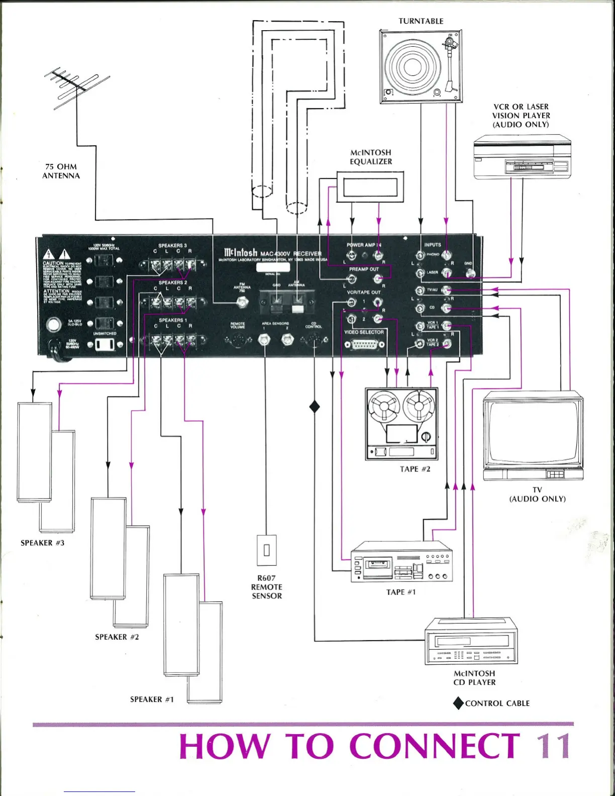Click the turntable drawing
(x=420, y=65)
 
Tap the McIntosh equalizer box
(x=370, y=187)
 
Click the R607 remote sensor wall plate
(x=266, y=550)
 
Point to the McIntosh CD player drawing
(x=471, y=641)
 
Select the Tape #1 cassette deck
(x=401, y=562)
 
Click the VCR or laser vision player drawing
(x=522, y=157)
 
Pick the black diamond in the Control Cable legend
(x=458, y=703)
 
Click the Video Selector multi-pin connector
(x=365, y=345)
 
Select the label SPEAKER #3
(x=43, y=543)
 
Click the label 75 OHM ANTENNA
(x=61, y=171)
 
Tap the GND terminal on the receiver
(x=471, y=273)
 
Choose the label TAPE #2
(x=415, y=469)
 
